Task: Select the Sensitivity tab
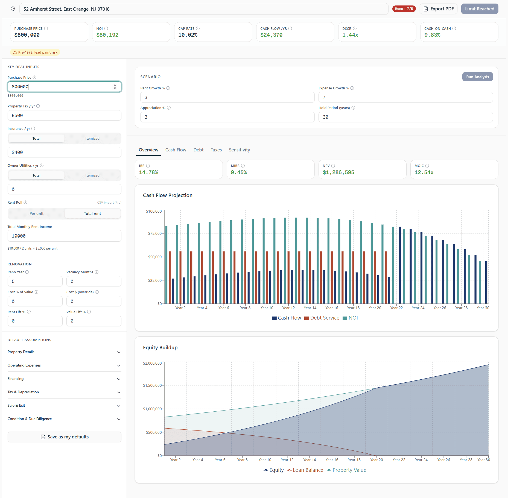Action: coord(239,150)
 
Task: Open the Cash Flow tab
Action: coord(176,150)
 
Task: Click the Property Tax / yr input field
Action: coord(64,115)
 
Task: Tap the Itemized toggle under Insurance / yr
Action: coord(92,138)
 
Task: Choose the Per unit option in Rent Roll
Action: coord(36,213)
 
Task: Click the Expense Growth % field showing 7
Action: coord(405,97)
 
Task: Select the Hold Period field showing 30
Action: coord(405,117)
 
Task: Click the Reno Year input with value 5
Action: coord(35,281)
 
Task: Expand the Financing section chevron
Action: coord(119,379)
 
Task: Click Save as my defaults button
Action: coord(64,437)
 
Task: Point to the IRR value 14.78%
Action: coord(148,172)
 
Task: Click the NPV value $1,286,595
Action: coord(338,172)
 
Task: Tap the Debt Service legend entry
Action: coord(322,318)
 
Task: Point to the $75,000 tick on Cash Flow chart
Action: coord(155,233)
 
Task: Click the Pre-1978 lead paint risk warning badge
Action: coord(35,52)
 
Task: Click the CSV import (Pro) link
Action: coord(109,203)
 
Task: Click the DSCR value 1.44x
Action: coord(350,35)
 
